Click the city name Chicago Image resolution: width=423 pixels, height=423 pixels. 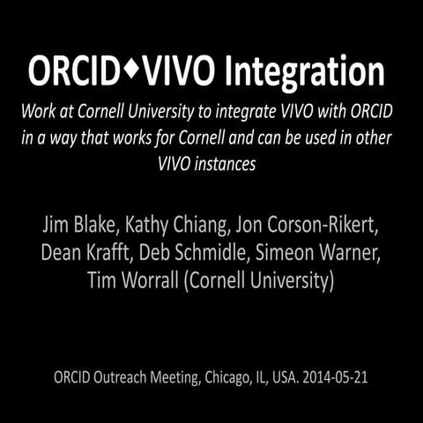(235, 377)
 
